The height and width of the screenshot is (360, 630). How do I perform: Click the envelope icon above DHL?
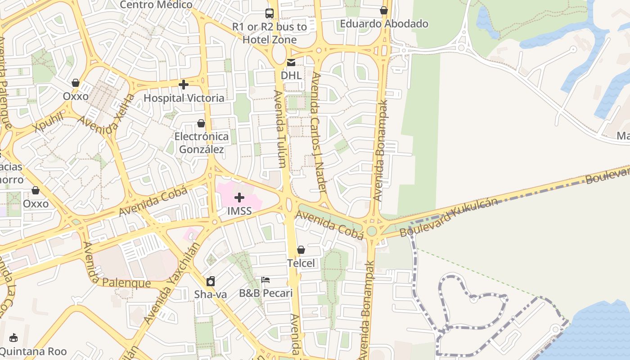pyautogui.click(x=291, y=63)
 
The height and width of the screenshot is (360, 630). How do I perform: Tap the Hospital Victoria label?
pyautogui.click(x=184, y=98)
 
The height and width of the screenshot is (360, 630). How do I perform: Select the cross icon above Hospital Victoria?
pyautogui.click(x=183, y=84)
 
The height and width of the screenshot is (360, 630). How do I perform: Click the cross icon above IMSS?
pyautogui.click(x=239, y=197)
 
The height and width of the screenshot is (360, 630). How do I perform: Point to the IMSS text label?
pyautogui.click(x=239, y=211)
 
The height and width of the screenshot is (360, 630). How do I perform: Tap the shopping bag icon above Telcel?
pyautogui.click(x=301, y=249)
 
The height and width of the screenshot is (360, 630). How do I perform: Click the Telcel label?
pyautogui.click(x=301, y=263)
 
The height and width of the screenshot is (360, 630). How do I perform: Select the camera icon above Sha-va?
pyautogui.click(x=210, y=282)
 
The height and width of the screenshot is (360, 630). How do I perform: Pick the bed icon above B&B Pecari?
pyautogui.click(x=265, y=280)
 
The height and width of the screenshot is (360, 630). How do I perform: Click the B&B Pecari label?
pyautogui.click(x=265, y=293)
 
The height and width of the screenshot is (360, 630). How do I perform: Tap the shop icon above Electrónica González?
pyautogui.click(x=201, y=123)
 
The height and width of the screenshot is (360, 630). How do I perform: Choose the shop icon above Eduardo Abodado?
pyautogui.click(x=384, y=10)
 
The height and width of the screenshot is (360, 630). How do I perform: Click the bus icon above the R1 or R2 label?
pyautogui.click(x=270, y=13)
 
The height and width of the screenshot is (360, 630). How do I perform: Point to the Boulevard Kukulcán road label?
pyautogui.click(x=449, y=218)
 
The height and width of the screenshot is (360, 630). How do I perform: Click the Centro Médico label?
pyautogui.click(x=156, y=5)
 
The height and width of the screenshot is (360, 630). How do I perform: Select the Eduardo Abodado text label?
pyautogui.click(x=384, y=23)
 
